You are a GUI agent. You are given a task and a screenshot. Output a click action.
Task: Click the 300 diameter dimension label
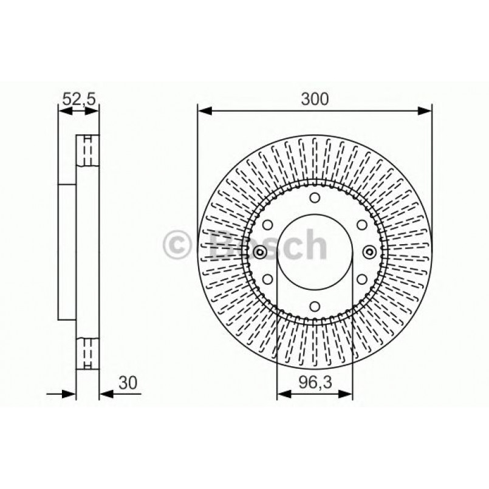(x=315, y=98)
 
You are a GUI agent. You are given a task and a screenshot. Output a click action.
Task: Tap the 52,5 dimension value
(x=79, y=98)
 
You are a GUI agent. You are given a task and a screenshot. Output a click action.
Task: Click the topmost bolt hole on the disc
(x=315, y=198)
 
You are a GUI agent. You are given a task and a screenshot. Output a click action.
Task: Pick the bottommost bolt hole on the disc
(x=315, y=307)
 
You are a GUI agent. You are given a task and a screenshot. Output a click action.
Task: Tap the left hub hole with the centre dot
(x=260, y=253)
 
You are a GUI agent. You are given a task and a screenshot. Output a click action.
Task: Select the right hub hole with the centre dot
(x=369, y=253)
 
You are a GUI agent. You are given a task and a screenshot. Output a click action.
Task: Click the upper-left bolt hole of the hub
(x=267, y=225)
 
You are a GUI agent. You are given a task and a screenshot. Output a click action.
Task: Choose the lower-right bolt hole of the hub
(x=361, y=279)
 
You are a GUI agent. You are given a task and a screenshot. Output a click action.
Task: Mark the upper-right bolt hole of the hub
(x=361, y=225)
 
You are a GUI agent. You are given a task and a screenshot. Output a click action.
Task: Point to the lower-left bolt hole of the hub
(x=267, y=279)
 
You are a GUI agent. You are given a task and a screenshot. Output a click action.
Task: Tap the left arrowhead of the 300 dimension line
(x=203, y=110)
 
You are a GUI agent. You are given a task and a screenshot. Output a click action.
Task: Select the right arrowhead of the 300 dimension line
(x=426, y=110)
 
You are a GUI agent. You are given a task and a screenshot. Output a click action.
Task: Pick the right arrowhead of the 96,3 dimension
(x=347, y=394)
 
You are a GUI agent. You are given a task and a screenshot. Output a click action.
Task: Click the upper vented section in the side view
(x=87, y=150)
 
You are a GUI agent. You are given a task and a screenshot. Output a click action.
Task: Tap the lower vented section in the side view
(x=87, y=354)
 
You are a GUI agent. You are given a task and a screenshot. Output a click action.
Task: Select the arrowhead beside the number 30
(x=105, y=394)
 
